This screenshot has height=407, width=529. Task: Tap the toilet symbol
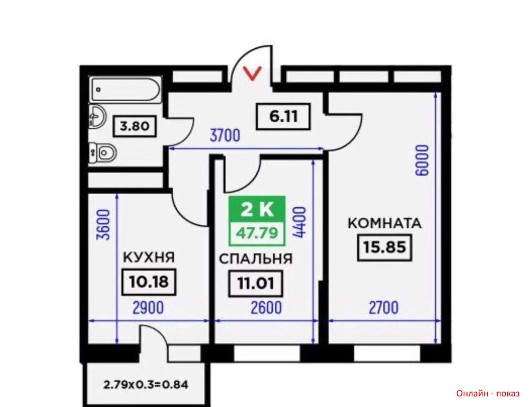pyautogui.click(x=103, y=153)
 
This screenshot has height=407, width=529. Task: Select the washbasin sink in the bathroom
pyautogui.click(x=98, y=117)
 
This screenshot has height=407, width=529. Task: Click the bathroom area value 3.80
pyautogui.click(x=135, y=126)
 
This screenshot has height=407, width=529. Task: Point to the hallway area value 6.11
pyautogui.click(x=283, y=117)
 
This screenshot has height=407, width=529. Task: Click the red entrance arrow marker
pyautogui.click(x=253, y=74)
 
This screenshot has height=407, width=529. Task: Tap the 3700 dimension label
pyautogui.click(x=225, y=136)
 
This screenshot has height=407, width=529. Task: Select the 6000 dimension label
pyautogui.click(x=422, y=161)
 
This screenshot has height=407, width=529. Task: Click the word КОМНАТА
pyautogui.click(x=385, y=224)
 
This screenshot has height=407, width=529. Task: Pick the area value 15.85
pyautogui.click(x=384, y=247)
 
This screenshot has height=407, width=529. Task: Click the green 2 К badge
pyautogui.click(x=257, y=209)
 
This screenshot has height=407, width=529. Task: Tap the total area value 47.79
pyautogui.click(x=257, y=233)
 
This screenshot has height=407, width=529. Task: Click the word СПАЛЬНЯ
pyautogui.click(x=256, y=259)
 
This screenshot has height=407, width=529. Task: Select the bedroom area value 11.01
pyautogui.click(x=255, y=284)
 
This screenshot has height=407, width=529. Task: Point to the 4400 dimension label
pyautogui.click(x=299, y=223)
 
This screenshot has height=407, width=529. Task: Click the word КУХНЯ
pyautogui.click(x=149, y=258)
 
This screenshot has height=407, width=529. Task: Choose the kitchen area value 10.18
pyautogui.click(x=149, y=281)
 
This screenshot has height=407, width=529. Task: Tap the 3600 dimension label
pyautogui.click(x=103, y=225)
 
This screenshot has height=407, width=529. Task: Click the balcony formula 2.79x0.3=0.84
pyautogui.click(x=146, y=384)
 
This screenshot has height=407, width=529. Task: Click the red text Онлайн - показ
pyautogui.click(x=488, y=393)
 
